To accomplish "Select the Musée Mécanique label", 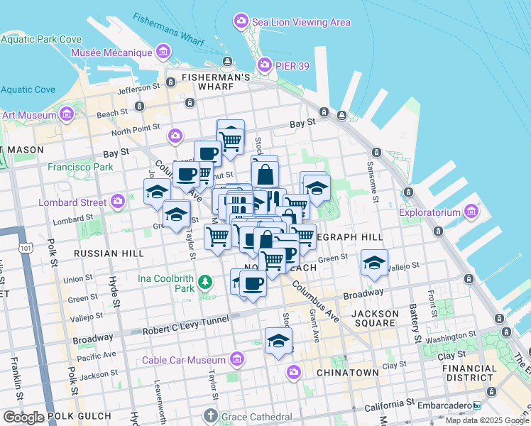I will click(x=111, y=53).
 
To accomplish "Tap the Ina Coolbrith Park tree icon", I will click(x=206, y=283).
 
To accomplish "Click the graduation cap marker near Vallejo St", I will click(x=374, y=263).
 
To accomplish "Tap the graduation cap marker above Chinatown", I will click(x=279, y=341).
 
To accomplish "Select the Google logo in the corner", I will click(x=23, y=417).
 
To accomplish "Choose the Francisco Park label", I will click(x=80, y=168).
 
